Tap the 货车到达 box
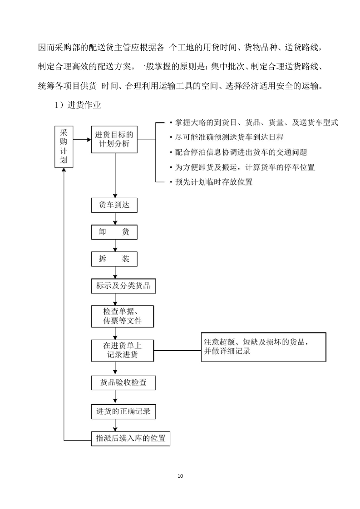point(114,205)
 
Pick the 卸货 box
point(114,232)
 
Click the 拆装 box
point(114,259)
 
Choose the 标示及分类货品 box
point(123,286)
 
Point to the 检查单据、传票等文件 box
point(123,316)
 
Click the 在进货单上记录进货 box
point(123,350)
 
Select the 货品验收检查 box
point(123,382)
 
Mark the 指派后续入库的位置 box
point(130,439)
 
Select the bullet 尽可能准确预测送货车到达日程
point(229,137)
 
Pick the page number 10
point(180,476)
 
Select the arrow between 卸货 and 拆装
point(116,245)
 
